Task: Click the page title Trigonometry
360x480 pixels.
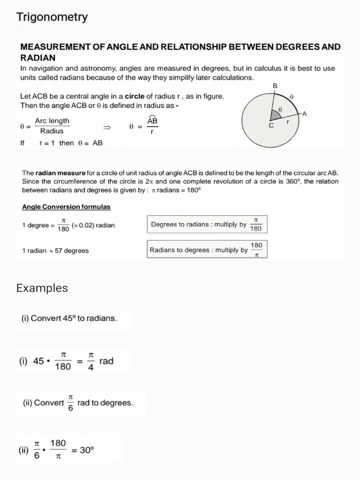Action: coord(52,17)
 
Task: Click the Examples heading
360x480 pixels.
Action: coord(42,288)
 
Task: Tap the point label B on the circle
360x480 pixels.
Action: coord(275,86)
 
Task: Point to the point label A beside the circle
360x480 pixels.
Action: coord(304,113)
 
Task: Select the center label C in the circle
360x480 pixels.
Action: coord(271,125)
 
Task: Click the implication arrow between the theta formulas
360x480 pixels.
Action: coord(107,127)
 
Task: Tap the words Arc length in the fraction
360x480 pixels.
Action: coord(52,121)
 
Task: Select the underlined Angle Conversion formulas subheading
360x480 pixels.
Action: coord(66,207)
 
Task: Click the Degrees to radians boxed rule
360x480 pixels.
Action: coord(207,225)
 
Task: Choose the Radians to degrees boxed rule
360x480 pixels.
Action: coord(207,249)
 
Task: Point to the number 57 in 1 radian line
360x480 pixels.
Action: coord(59,251)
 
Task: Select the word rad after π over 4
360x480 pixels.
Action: coord(106,361)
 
